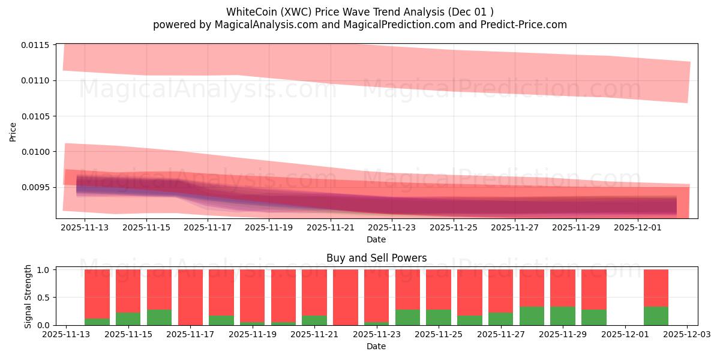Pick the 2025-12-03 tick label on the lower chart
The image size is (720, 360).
(687, 335)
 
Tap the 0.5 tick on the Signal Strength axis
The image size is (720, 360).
(45, 298)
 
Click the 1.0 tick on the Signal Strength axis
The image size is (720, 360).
(45, 270)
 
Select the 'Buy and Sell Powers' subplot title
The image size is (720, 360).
(376, 258)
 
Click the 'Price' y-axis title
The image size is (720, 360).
(13, 131)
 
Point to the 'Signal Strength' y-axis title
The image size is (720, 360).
(28, 296)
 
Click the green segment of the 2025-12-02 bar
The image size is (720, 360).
(656, 316)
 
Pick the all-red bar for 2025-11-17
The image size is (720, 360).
(190, 297)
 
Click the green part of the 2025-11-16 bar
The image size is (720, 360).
(159, 317)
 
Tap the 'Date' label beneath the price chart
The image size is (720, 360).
(376, 239)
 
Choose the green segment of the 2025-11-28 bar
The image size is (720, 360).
(532, 316)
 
